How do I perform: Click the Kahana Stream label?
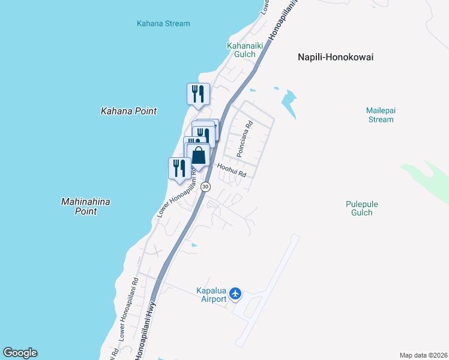pos(163,24)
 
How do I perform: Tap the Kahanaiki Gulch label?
pos(241,50)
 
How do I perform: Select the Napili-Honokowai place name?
pos(336,57)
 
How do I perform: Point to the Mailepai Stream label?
pos(381,115)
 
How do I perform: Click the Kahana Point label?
pos(128,111)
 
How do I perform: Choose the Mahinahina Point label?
pos(86,206)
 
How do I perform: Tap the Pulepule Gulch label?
pos(362,208)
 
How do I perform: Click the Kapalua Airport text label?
pos(211,295)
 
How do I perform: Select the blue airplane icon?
pos(235,293)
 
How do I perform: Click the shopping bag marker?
pos(199,156)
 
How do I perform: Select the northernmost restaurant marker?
pos(198,94)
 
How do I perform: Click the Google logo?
pos(20,353)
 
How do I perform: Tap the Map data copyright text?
pos(423,355)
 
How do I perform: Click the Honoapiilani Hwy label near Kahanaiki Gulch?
pos(276,24)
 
